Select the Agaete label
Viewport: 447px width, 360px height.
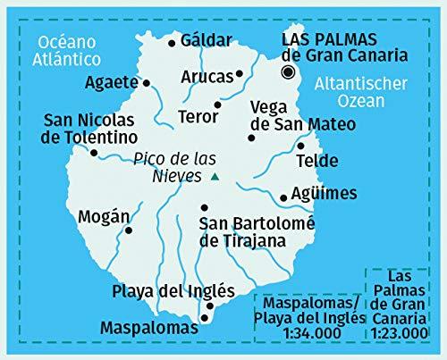[113, 83]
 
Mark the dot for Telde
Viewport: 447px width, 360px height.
[301, 146]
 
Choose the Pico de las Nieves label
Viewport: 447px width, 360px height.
[171, 167]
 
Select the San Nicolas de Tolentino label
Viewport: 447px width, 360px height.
[89, 129]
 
